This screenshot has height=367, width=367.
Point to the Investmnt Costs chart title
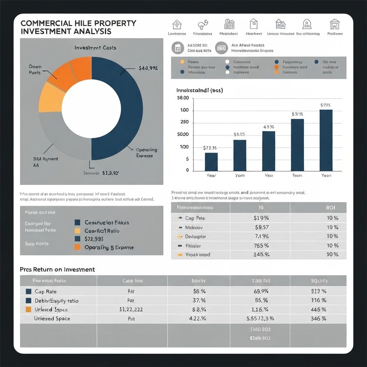tap(95, 48)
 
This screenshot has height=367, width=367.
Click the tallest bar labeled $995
tap(326, 140)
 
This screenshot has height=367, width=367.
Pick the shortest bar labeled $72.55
tap(211, 162)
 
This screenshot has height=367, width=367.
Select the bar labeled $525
tap(240, 155)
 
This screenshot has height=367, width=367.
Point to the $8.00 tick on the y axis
tap(183, 98)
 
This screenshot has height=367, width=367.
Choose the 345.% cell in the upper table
tap(261, 254)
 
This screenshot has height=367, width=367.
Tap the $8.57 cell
tap(261, 227)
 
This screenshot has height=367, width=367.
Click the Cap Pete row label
tap(195, 218)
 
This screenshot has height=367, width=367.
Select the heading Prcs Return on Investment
tap(57, 270)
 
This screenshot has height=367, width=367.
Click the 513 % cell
tap(319, 291)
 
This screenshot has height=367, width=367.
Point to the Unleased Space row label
tap(52, 318)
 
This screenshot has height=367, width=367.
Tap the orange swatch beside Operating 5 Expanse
tap(77, 247)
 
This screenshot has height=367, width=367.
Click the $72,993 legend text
tap(94, 239)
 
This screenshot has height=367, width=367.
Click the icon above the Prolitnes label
tap(335, 24)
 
